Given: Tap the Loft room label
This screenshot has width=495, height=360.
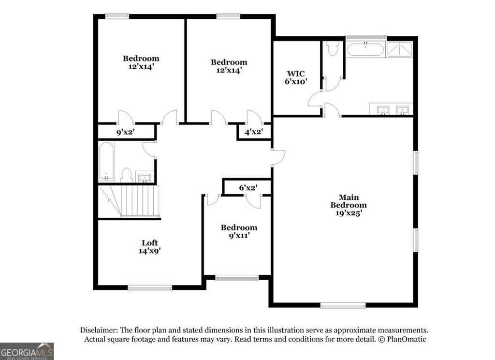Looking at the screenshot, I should pyautogui.click(x=149, y=247).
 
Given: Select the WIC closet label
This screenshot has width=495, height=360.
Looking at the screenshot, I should pyautogui.click(x=296, y=77).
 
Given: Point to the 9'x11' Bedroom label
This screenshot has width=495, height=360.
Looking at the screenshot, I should pyautogui.click(x=239, y=231).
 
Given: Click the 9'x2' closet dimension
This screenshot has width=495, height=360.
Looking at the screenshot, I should pyautogui.click(x=125, y=131).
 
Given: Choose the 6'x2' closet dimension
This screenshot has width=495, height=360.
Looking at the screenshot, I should pyautogui.click(x=248, y=187).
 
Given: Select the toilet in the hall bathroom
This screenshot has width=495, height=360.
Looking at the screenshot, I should pyautogui.click(x=127, y=175).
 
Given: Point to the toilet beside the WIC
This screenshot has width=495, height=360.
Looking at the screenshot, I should pyautogui.click(x=332, y=48).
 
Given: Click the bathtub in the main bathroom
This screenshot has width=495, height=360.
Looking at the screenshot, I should pyautogui.click(x=366, y=49).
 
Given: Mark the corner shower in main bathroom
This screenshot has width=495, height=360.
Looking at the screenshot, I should pyautogui.click(x=399, y=49).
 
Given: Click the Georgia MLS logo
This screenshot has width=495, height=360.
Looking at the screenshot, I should pyautogui.click(x=27, y=351).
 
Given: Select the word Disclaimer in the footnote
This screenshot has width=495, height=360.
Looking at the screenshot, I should pyautogui.click(x=98, y=330).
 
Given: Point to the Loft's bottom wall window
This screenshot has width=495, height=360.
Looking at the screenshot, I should pyautogui.click(x=150, y=288).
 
